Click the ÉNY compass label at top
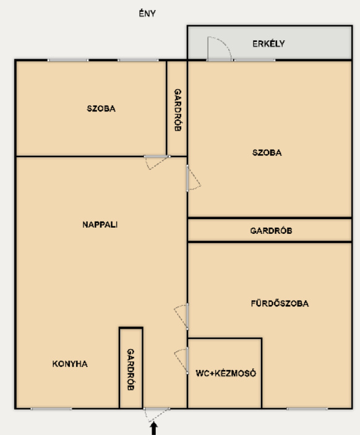click(147, 13)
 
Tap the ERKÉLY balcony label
click(268, 43)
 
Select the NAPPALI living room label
click(100, 225)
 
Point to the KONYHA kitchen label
click(70, 364)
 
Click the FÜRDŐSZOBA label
click(280, 303)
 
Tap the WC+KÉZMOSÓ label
click(226, 373)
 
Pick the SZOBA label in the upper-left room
click(101, 108)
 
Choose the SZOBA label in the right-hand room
click(267, 152)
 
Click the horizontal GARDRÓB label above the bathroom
click(271, 231)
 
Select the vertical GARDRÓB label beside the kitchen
click(131, 369)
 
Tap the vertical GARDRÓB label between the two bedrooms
click(178, 110)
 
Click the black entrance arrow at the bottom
click(153, 428)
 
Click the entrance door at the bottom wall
click(156, 415)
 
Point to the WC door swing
click(181, 360)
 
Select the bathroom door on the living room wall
click(181, 317)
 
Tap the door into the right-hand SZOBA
click(194, 178)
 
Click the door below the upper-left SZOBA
click(157, 162)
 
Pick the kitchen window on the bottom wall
click(51, 408)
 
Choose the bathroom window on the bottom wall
click(307, 408)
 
